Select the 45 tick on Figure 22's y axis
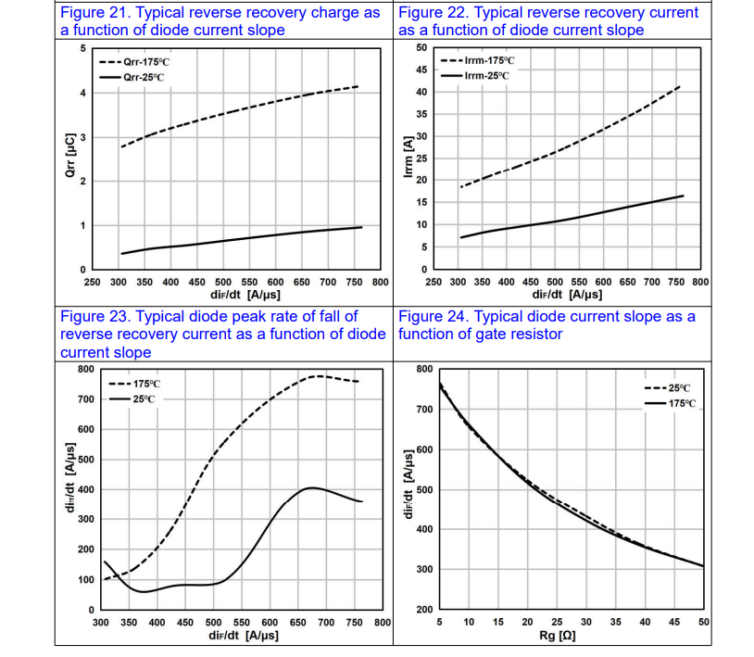pyautogui.click(x=421, y=70)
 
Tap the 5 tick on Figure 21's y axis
pyautogui.click(x=82, y=48)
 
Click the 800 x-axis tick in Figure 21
pyautogui.click(x=380, y=281)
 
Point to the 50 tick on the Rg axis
pyautogui.click(x=703, y=621)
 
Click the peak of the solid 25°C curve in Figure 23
pyautogui.click(x=312, y=487)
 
